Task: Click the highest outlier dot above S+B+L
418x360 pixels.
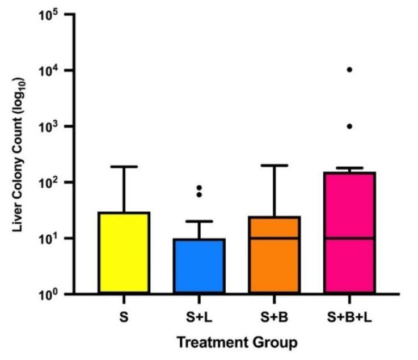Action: [350, 70]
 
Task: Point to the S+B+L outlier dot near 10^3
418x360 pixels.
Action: [350, 126]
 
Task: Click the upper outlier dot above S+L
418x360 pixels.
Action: [199, 188]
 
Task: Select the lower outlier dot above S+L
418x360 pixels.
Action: [199, 194]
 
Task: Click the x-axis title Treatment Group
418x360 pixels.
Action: [237, 342]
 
